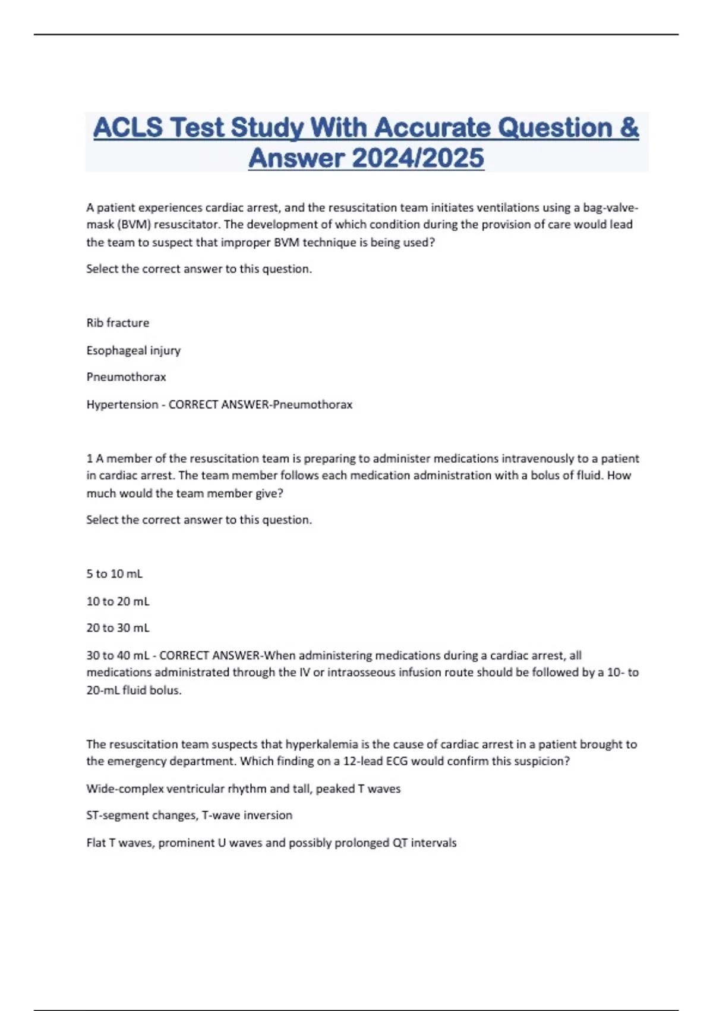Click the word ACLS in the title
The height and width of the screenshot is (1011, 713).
click(128, 128)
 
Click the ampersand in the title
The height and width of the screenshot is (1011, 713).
click(629, 128)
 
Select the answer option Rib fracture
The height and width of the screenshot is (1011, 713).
click(118, 323)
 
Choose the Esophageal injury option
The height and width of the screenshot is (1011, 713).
click(133, 350)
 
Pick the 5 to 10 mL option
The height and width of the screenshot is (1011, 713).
click(114, 574)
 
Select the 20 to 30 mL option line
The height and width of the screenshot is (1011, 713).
click(118, 628)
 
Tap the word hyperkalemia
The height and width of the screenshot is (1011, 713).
click(321, 744)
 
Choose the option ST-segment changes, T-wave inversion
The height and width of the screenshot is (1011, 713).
click(189, 815)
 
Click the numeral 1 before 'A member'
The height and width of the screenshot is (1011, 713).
click(90, 459)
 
